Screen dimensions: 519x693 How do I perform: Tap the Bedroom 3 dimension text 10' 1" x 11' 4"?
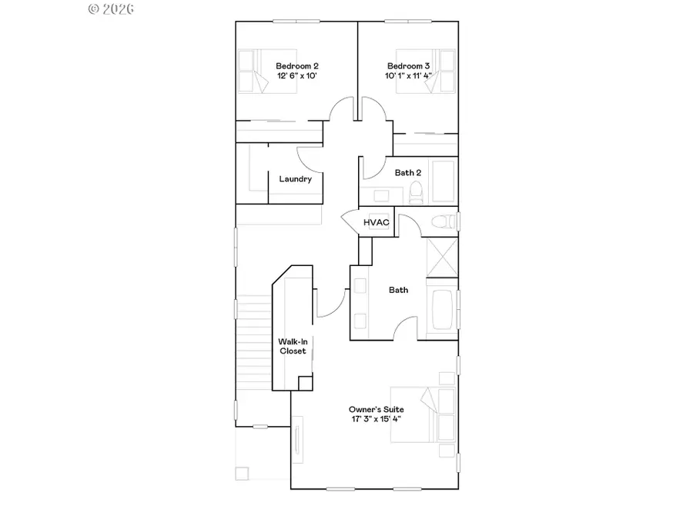point(409,76)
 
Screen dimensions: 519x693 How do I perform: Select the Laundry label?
point(295,179)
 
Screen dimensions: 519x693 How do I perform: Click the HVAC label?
point(377,222)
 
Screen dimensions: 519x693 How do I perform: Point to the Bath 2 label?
point(407,173)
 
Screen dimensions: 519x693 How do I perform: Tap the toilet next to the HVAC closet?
point(441,222)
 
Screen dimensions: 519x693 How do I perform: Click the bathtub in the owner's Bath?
point(442,311)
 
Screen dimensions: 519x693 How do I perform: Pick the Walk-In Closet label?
point(293,346)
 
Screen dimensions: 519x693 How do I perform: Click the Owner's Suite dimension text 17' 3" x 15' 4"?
point(376,420)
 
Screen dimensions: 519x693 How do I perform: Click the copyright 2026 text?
point(112,9)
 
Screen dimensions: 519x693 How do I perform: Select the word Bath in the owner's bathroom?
point(398,290)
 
